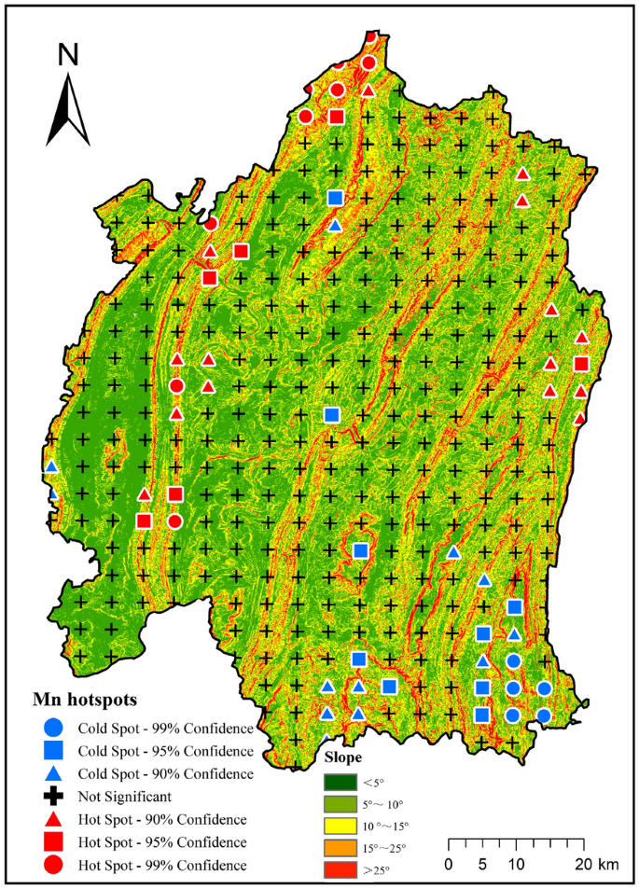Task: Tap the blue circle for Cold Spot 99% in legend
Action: (53, 728)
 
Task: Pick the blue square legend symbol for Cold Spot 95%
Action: (53, 750)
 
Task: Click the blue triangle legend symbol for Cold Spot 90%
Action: (53, 773)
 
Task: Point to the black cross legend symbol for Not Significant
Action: (53, 797)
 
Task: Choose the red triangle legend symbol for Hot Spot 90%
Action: (53, 819)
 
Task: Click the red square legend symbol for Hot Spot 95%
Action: (53, 842)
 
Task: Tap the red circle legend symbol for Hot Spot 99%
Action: (53, 865)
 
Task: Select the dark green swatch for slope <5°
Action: (341, 781)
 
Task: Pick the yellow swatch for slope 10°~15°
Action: (341, 826)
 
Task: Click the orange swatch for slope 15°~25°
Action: (341, 848)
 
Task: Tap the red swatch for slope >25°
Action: (341, 869)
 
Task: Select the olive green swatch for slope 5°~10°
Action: (341, 803)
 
